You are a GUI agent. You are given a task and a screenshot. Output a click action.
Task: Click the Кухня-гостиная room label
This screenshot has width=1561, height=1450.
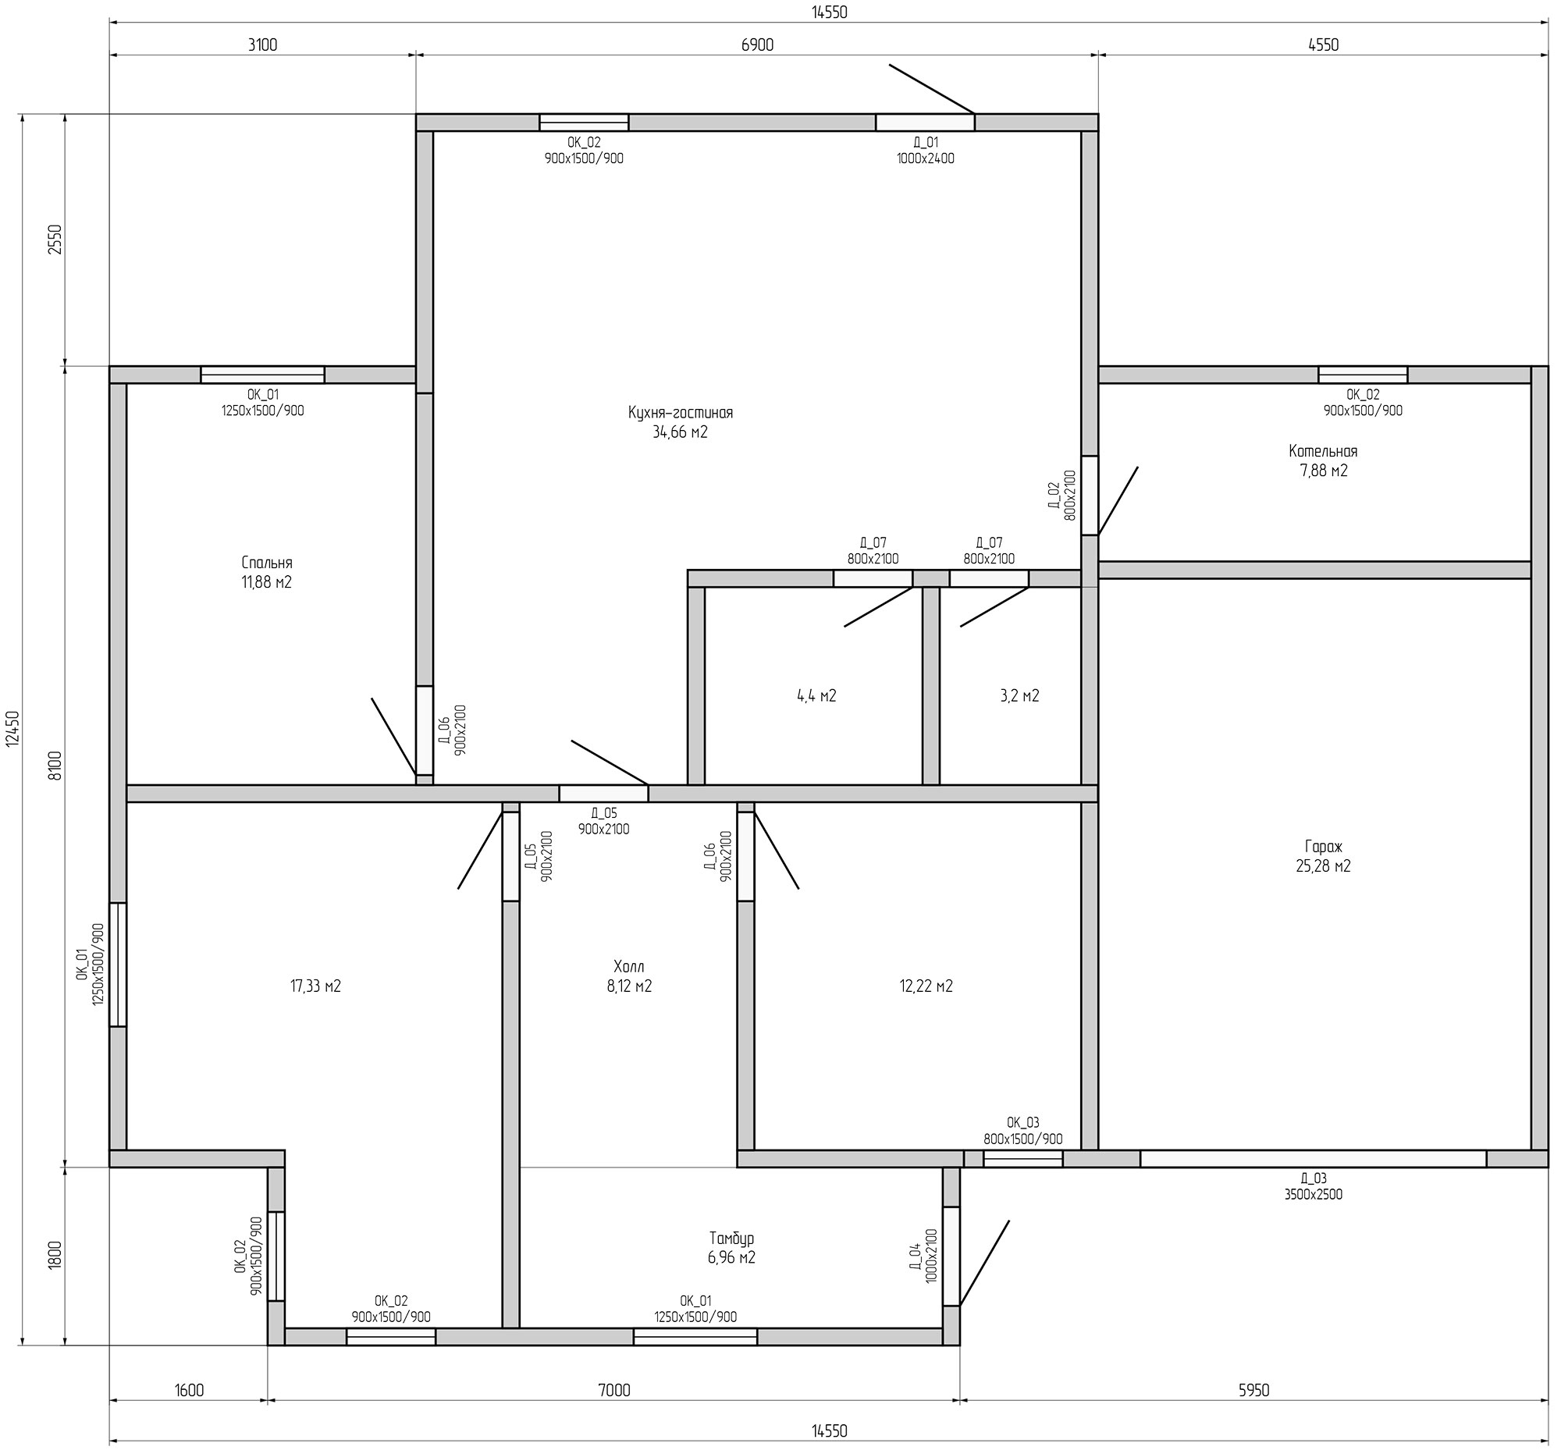pos(680,413)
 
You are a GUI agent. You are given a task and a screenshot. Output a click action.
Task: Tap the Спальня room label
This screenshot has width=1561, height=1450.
pos(267,563)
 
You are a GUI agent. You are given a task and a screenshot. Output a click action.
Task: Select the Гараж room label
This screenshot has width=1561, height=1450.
pos(1323,847)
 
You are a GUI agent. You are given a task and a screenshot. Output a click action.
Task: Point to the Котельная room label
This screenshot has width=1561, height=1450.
pos(1323,451)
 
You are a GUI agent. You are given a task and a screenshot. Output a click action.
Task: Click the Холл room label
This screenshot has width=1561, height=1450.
pos(628,966)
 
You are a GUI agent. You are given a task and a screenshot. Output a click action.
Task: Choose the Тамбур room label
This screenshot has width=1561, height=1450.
pos(731,1239)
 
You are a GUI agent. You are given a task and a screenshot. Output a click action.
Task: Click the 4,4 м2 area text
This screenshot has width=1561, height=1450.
pos(816,696)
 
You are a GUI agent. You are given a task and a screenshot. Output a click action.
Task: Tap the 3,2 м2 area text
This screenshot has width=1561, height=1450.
pos(1019,696)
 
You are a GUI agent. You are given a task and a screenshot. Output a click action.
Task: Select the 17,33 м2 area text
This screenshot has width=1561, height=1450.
pos(315,986)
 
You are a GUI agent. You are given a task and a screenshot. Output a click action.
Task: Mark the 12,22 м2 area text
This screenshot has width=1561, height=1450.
pos(926,986)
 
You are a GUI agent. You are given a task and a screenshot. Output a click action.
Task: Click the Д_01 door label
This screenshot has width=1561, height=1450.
pos(926,143)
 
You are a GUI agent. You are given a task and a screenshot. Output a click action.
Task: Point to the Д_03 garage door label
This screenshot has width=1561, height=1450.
pos(1313,1178)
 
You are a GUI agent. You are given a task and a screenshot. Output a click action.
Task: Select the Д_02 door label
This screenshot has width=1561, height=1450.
pos(1054,496)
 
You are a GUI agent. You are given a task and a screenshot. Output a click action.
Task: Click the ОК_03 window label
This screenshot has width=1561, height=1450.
pos(1022,1123)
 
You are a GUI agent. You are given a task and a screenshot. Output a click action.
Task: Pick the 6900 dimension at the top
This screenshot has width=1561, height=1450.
pos(756,44)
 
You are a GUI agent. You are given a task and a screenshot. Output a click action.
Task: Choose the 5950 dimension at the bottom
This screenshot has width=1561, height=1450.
pos(1253,1391)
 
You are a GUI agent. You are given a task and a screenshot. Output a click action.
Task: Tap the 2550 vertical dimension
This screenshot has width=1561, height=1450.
pos(54,240)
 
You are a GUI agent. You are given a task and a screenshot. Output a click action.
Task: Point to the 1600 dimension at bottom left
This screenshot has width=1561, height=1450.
pos(188,1391)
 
